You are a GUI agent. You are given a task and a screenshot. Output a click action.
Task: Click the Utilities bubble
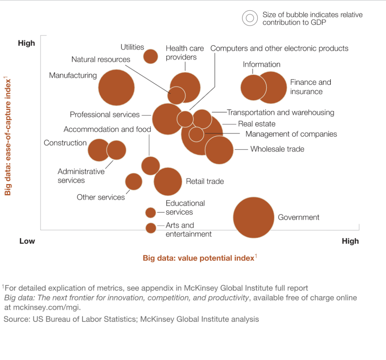click(x=151, y=57)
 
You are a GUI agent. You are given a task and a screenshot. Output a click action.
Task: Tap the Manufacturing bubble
click(x=116, y=88)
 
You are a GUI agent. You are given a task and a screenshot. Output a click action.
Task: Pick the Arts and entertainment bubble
click(x=151, y=228)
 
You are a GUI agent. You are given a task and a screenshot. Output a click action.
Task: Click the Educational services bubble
click(x=151, y=213)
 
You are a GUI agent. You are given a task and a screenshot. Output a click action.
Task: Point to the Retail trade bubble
click(x=168, y=181)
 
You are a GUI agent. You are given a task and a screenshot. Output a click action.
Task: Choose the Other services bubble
click(x=134, y=181)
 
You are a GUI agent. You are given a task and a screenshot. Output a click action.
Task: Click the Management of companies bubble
click(x=196, y=134)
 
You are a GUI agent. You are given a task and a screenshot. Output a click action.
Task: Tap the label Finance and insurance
click(x=311, y=87)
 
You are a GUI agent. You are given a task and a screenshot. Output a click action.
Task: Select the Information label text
click(x=261, y=64)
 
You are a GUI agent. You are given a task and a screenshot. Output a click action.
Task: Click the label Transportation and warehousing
click(x=281, y=113)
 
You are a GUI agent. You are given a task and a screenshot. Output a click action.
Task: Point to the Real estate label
click(x=257, y=124)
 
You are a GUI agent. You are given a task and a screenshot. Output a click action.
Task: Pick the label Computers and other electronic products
click(x=279, y=49)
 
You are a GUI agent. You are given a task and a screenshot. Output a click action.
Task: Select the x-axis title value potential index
click(x=198, y=258)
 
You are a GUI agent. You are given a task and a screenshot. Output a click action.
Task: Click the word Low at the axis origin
click(x=27, y=241)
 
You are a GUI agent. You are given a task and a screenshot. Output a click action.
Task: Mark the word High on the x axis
click(x=350, y=241)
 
